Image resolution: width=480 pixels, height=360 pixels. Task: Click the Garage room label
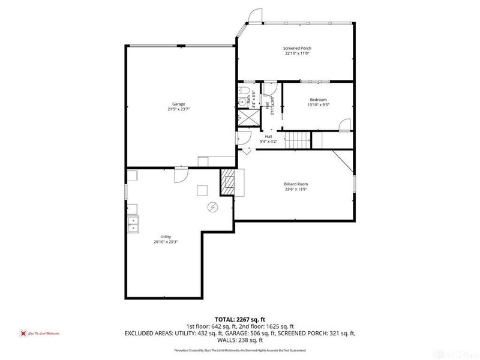(178, 104)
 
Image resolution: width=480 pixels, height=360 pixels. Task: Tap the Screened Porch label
(297, 48)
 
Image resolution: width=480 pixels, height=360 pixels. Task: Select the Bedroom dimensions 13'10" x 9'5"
(318, 105)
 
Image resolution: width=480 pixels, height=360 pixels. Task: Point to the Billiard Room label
(296, 184)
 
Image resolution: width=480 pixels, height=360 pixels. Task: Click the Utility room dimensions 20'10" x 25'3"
(166, 242)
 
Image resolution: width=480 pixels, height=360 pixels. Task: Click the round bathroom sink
(242, 102)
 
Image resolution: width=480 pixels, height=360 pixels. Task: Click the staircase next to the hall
(296, 141)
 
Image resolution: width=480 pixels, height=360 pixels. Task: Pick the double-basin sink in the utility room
(133, 224)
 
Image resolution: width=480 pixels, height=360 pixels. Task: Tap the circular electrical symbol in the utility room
(212, 207)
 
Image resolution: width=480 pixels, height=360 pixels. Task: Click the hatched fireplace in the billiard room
(228, 182)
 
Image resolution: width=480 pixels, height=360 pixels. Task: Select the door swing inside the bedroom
(344, 124)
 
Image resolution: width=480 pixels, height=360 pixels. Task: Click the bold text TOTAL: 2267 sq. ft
(240, 320)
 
